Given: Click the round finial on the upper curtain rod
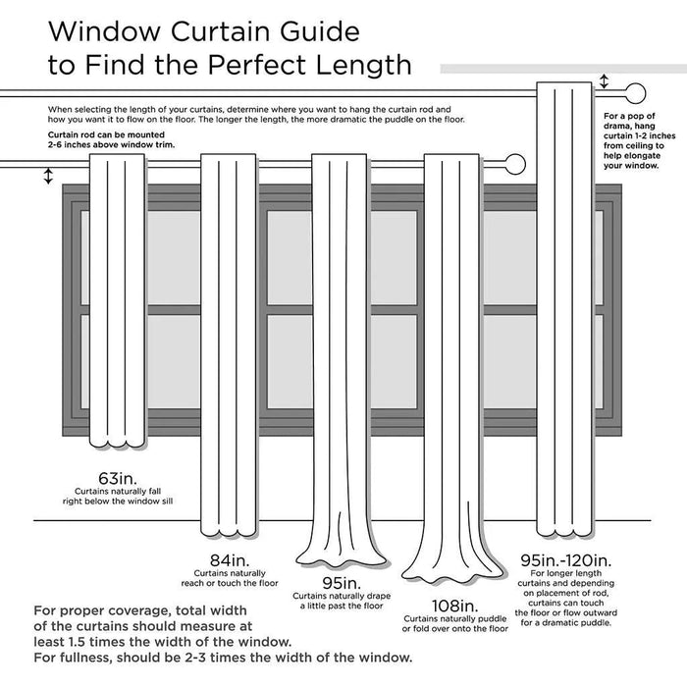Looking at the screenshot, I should tap(635, 95).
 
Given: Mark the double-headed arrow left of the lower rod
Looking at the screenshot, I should tap(47, 176).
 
